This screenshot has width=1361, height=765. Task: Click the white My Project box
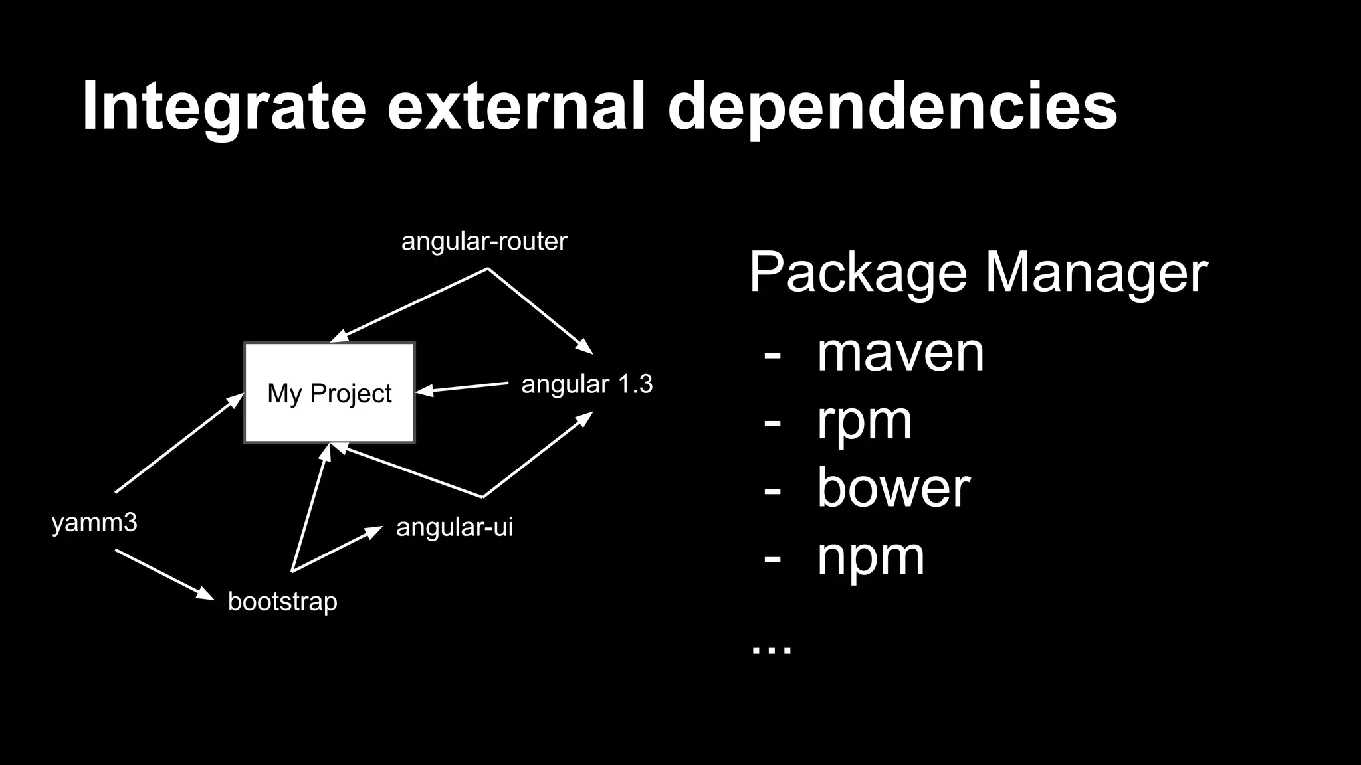coord(330,392)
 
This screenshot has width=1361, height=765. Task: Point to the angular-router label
coord(484,241)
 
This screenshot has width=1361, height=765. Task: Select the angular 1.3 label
coord(587,384)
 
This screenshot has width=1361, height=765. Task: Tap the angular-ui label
coord(455,527)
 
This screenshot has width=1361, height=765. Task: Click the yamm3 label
coord(94,523)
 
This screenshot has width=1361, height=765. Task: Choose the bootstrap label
coord(282,602)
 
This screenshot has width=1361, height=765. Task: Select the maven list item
coord(900,353)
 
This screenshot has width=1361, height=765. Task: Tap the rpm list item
coord(864,421)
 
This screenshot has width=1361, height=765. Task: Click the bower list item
coord(893,488)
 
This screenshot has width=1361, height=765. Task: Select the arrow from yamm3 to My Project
coord(179,443)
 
